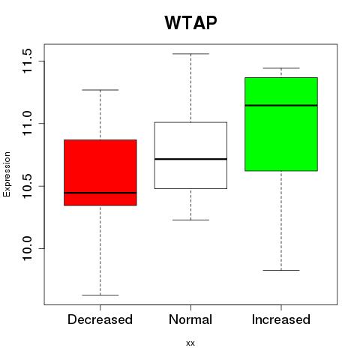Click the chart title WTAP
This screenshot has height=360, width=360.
[190, 22]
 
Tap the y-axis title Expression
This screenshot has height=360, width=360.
[7, 174]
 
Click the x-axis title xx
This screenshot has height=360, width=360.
[190, 343]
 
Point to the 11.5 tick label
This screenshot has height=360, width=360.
[27, 61]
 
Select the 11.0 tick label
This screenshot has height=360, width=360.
[27, 123]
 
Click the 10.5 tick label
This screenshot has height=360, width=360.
[27, 186]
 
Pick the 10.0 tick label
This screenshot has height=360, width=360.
[27, 248]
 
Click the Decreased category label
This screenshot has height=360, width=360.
[100, 319]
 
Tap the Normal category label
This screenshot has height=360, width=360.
[190, 319]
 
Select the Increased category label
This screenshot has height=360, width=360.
[281, 319]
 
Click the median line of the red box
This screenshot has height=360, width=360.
[100, 193]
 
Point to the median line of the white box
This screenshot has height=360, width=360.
[190, 159]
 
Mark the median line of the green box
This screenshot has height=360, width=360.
[281, 105]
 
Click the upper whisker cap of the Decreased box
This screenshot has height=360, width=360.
[100, 90]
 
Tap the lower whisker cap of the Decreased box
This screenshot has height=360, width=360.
[100, 295]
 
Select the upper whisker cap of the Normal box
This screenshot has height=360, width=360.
[190, 54]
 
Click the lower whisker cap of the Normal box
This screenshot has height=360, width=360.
[190, 220]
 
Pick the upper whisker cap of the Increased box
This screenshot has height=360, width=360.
[281, 68]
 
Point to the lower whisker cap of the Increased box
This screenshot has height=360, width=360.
[281, 270]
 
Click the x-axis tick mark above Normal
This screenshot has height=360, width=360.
[190, 307]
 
